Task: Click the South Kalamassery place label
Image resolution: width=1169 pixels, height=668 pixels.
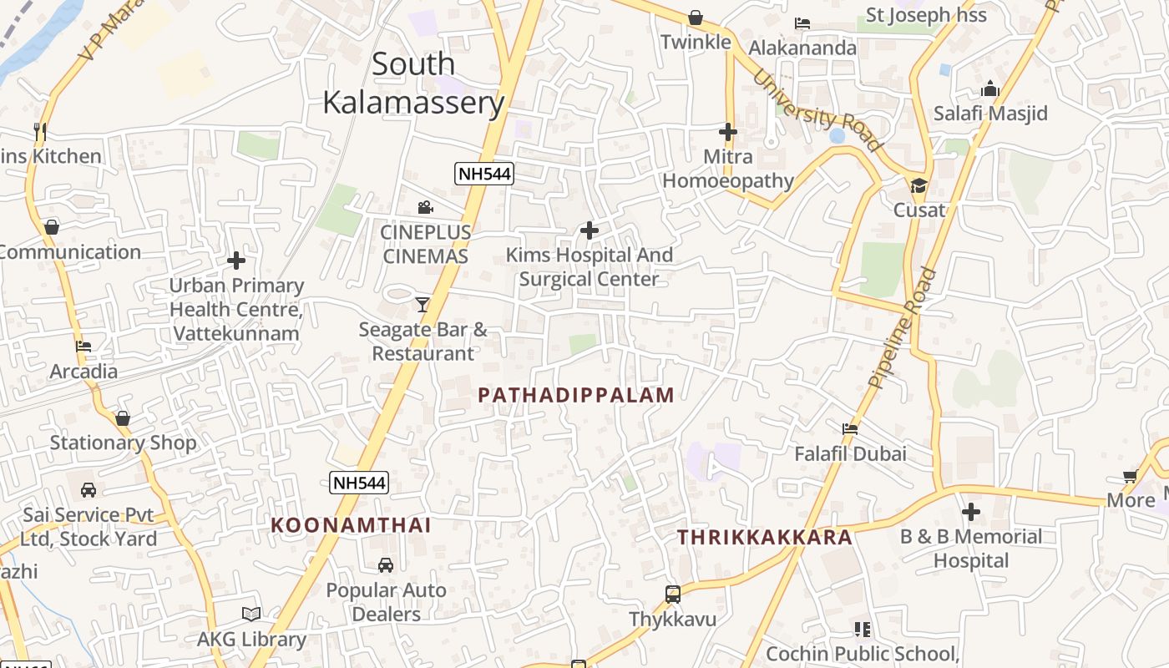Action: [x=413, y=83]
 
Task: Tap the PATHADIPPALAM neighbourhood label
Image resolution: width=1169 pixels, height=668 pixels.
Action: [x=576, y=395]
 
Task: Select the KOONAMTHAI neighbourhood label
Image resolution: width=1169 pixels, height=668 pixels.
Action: [x=351, y=525]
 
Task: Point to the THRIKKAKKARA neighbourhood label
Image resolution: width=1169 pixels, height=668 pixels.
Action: [x=765, y=537]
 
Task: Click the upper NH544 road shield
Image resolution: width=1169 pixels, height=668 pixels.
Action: [x=483, y=174]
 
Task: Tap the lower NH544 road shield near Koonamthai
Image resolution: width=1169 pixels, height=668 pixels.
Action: [x=359, y=482]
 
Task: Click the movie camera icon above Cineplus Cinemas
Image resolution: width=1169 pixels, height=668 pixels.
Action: [x=426, y=207]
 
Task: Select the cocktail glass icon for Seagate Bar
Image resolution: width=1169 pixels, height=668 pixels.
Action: [x=423, y=304]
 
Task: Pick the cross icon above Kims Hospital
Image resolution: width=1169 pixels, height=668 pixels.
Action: [x=590, y=230]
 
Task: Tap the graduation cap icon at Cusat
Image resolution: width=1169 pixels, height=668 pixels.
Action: [x=919, y=185]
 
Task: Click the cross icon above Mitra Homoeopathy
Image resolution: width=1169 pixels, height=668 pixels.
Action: [x=728, y=132]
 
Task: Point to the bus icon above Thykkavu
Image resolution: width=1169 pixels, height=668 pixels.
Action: [x=673, y=595]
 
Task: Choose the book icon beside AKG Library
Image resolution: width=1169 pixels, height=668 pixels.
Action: [x=251, y=614]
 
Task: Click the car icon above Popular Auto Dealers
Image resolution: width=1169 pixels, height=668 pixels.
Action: [x=386, y=565]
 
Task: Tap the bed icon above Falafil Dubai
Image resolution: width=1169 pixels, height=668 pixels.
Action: [x=850, y=429]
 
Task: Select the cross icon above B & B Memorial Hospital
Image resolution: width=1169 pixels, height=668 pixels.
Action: [x=970, y=511]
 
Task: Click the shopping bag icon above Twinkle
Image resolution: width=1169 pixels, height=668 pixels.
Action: [x=696, y=18]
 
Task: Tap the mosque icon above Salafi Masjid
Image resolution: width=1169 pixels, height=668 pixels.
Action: [x=990, y=89]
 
